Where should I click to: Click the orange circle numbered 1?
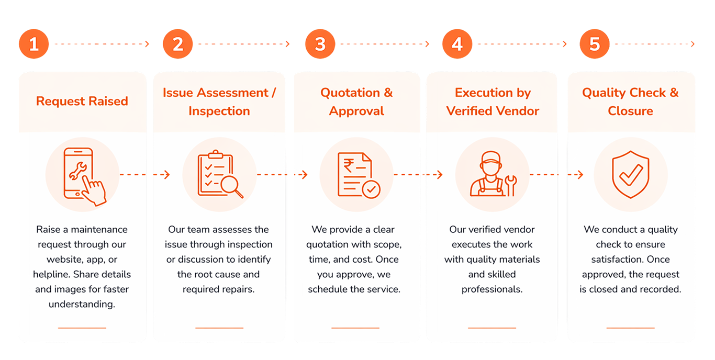point(34,44)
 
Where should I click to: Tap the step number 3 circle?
point(320,44)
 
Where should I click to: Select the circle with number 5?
point(595,44)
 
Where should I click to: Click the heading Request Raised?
point(82,101)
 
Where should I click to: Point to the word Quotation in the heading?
point(350,93)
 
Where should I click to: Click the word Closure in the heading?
point(630,111)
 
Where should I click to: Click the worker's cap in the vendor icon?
point(490,158)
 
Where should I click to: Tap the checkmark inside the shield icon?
point(631,175)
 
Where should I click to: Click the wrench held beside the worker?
point(511,185)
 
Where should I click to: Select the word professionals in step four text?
point(492,289)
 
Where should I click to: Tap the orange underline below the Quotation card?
point(355,328)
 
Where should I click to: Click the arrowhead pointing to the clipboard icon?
point(167,175)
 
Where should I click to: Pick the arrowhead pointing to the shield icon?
point(580,175)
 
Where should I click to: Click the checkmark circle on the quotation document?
point(371,189)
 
